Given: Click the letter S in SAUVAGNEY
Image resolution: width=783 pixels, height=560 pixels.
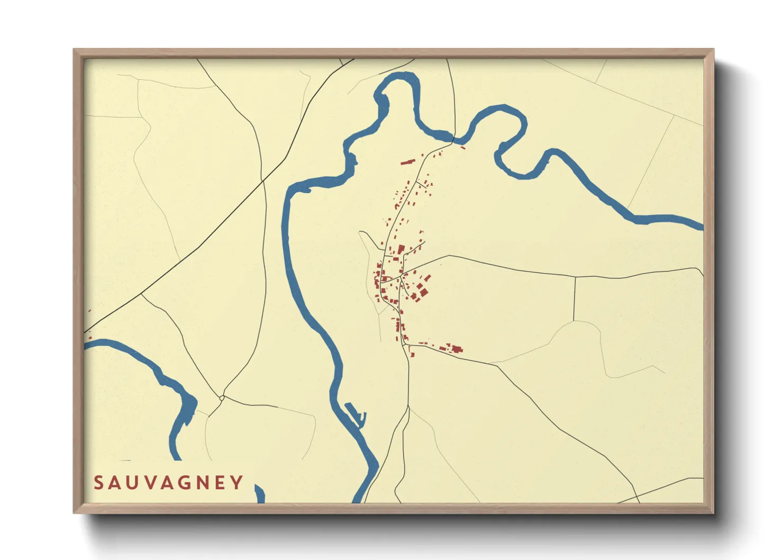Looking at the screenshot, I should point(98,483).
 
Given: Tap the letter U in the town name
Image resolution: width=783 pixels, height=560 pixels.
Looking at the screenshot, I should point(132,483).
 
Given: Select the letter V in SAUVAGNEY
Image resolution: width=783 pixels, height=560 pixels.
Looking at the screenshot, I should point(150,483).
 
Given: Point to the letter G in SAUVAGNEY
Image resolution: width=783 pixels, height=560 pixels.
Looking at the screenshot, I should point(186,483).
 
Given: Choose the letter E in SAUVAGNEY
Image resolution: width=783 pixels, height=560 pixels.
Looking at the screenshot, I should point(221,483).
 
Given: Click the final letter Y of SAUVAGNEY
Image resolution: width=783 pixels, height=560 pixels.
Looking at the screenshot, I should point(238,483).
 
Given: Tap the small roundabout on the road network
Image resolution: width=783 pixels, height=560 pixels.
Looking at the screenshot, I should point(222,398).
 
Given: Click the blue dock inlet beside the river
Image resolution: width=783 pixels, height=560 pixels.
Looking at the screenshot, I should point(355,413).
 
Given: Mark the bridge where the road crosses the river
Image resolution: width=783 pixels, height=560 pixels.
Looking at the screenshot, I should point(454,140).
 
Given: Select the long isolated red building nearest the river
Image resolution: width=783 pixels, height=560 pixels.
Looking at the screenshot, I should point(407,161).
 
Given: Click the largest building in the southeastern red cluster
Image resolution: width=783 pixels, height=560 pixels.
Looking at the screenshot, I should point(457,349).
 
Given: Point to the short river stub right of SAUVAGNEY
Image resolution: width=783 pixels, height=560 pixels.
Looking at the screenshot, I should point(259,494).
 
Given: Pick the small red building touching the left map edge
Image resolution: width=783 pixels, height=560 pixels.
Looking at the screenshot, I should point(89,337).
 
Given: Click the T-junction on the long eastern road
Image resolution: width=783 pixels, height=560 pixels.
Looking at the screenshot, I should point(575,277).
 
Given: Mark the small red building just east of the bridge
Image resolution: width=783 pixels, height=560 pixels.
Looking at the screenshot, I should point(463,147).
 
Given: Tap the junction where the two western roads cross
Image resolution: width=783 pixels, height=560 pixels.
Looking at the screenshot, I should point(263,182).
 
